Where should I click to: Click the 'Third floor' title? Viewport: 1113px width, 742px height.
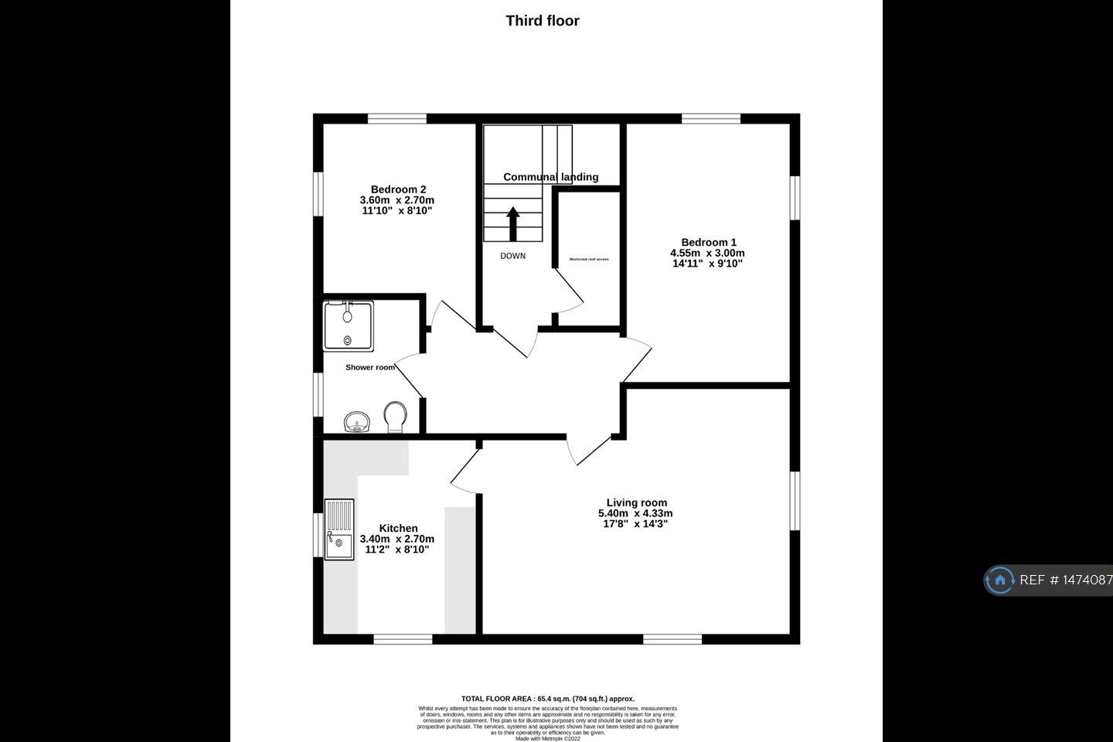point(542,21)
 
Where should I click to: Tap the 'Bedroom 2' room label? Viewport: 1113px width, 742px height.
point(398,189)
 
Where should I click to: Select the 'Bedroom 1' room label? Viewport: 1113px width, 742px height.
point(708,242)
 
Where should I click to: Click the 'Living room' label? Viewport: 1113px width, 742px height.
point(636,502)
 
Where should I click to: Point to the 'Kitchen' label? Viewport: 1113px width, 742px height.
point(398,529)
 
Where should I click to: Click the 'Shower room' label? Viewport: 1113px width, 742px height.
point(369,367)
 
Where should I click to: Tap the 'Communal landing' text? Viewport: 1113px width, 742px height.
point(550,177)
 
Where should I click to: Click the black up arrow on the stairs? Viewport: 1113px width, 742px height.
point(512,223)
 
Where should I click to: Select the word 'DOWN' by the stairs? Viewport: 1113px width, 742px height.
point(512,256)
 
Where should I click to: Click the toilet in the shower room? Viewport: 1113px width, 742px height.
point(395,416)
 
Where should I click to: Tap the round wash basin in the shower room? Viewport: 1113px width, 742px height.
point(356,422)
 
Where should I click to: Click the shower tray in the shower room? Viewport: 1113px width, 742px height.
point(348,326)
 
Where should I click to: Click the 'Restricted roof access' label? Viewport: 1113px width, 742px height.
point(589,259)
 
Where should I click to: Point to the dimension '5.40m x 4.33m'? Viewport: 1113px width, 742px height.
point(635,513)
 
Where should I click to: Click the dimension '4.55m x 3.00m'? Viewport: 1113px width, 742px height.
point(707,253)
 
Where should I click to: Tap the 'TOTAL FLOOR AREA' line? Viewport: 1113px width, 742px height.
point(547,699)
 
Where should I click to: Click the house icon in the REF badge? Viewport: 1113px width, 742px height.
point(1000,580)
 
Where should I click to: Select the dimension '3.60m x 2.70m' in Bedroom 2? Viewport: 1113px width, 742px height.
point(397,200)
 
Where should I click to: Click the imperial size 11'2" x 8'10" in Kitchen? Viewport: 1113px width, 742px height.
point(396,550)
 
